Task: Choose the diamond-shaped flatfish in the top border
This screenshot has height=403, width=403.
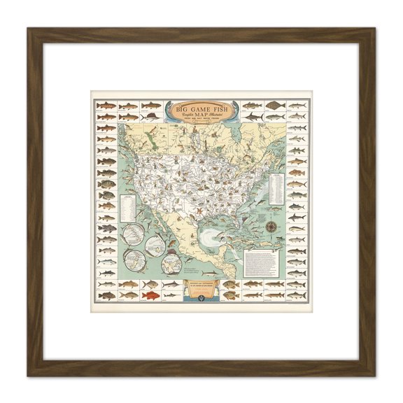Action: pyautogui.click(x=276, y=106)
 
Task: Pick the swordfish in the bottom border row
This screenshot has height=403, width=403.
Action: pyautogui.click(x=170, y=284)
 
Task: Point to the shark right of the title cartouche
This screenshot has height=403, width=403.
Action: pyautogui.click(x=252, y=106)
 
